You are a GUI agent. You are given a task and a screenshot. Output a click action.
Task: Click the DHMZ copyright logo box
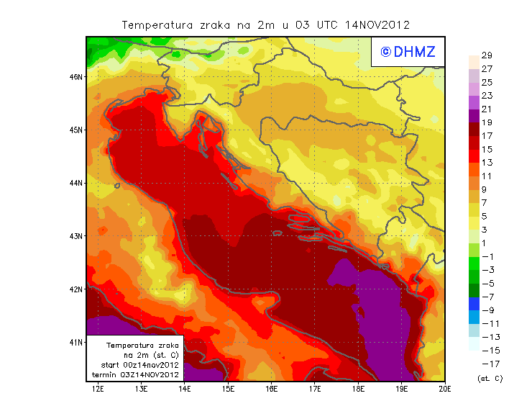407,52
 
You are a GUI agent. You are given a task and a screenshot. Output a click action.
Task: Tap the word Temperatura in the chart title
155,24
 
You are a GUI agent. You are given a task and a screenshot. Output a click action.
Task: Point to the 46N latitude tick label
76,76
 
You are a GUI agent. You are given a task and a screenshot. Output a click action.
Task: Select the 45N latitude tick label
76,130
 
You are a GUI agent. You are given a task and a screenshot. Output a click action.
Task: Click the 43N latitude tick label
76,235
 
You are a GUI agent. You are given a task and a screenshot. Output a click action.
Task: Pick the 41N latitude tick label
76,341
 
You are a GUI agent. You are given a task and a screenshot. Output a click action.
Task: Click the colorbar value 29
487,55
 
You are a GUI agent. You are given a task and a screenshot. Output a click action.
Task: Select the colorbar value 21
487,109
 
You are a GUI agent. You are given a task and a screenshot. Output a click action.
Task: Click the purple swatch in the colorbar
473,115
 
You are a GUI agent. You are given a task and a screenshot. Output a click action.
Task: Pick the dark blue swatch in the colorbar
473,303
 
